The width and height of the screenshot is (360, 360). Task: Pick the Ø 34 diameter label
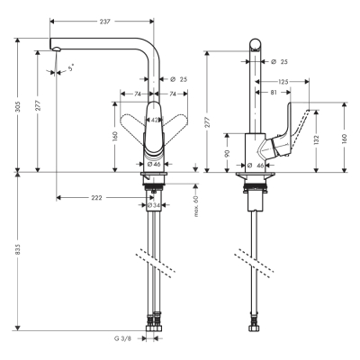click(155, 205)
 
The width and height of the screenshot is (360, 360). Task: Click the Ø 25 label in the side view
click(278, 61)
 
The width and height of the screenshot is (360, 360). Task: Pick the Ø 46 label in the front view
click(155, 165)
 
